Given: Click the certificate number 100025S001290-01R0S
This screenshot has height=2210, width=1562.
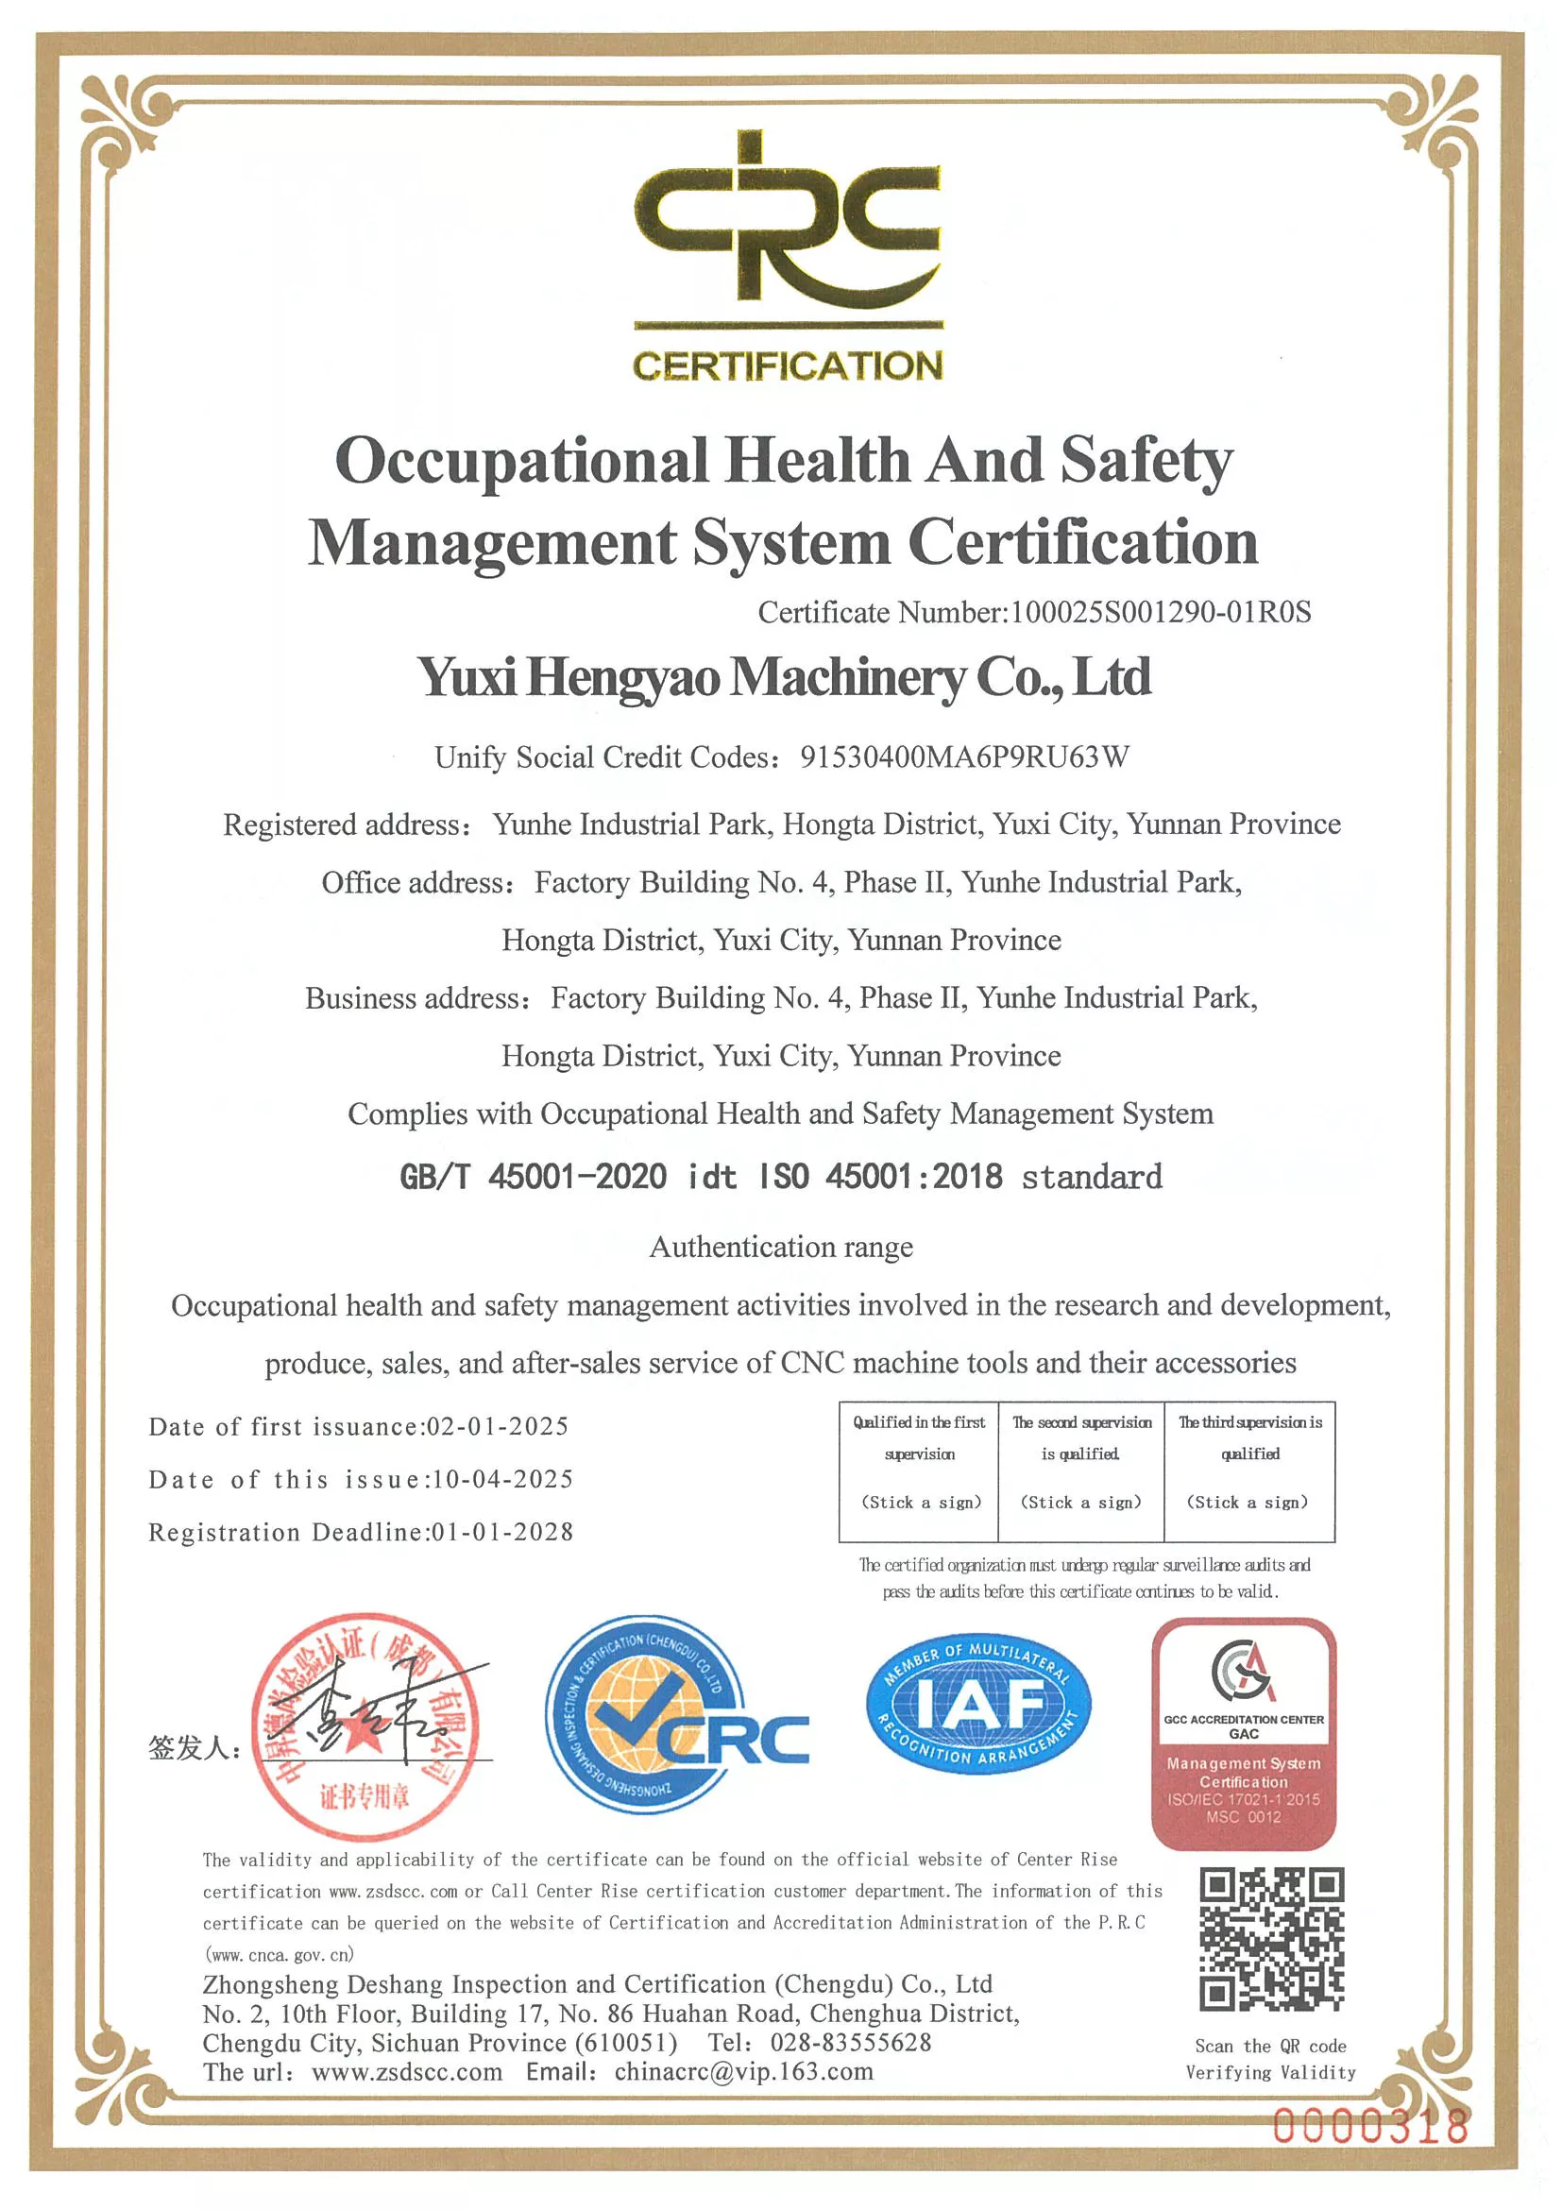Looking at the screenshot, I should [1160, 612].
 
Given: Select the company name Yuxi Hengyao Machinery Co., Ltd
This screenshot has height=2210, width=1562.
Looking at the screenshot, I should [784, 676].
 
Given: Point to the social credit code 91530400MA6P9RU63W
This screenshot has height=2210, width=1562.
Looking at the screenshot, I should [964, 757].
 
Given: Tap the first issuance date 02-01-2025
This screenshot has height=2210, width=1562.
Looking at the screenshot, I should [498, 1426].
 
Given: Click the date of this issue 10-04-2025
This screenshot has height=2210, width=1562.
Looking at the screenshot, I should [502, 1479].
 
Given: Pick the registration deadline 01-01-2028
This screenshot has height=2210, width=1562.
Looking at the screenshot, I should [502, 1533].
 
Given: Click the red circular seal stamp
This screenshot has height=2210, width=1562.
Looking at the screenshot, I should [365, 1726].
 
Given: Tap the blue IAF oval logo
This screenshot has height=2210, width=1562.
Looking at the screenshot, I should [977, 1705].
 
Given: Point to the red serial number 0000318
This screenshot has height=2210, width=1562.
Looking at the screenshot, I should [1370, 2126].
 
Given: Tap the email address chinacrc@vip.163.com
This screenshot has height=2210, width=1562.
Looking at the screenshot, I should [744, 2071].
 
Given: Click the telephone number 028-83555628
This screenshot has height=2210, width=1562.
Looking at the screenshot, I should [851, 2043].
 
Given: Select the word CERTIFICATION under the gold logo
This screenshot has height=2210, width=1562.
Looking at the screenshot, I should [788, 365].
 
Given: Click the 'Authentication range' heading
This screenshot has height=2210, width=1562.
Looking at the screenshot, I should [780, 1248].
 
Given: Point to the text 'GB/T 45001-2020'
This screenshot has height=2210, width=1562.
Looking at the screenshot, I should [534, 1176].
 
